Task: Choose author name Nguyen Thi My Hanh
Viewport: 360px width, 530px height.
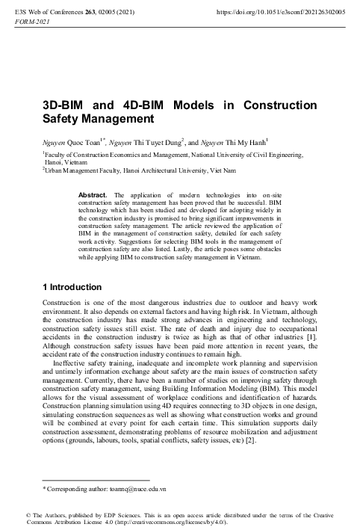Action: tap(235, 141)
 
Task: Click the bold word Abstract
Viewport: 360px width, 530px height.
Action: tap(93, 195)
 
